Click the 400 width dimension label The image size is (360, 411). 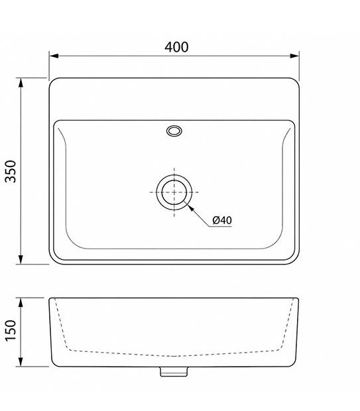coord(176,47)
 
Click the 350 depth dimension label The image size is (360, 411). coord(11,171)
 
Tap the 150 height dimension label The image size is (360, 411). coord(11,330)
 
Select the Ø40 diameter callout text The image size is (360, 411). coord(222,220)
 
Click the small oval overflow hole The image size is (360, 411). coord(174,131)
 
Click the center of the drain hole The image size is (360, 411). coord(174,192)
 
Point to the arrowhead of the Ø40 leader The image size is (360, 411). coord(191,208)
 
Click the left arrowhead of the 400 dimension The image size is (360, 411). coord(54,56)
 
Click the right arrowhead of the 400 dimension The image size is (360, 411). coord(294,56)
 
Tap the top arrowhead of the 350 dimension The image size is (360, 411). coord(21,83)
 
